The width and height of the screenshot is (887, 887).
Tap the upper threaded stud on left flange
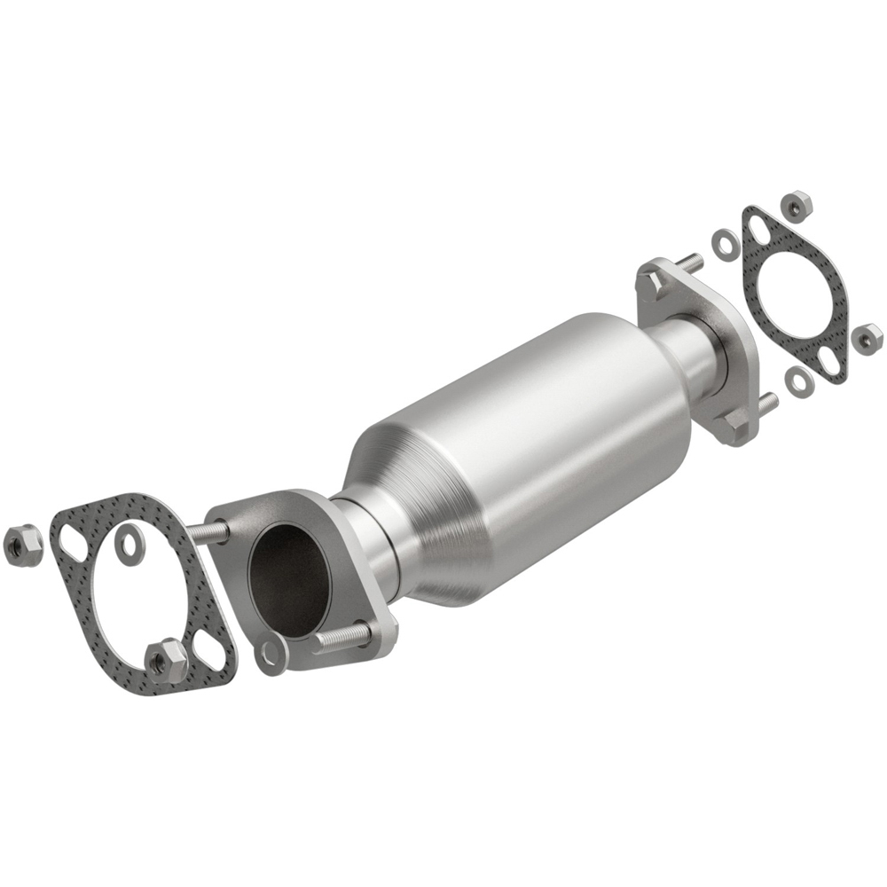click(209, 531)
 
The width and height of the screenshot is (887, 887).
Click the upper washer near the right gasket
click(723, 240)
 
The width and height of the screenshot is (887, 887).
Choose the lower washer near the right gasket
click(801, 380)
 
